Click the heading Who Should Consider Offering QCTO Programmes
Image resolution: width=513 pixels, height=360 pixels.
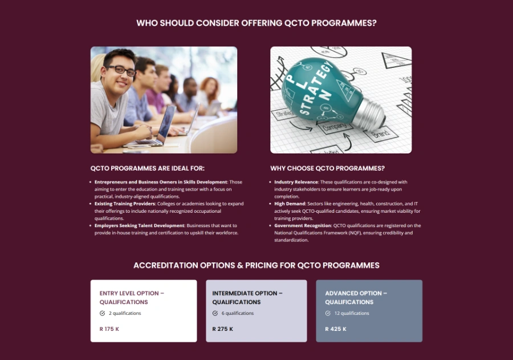point(256,23)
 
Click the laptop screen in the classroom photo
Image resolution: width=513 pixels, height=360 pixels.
point(166,123)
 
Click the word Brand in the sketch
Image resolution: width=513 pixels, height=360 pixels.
point(381,134)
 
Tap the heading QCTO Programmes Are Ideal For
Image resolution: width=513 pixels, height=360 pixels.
point(147,168)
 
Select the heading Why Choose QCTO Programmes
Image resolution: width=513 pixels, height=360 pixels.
point(327,168)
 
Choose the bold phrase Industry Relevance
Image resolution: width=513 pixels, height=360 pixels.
point(296,182)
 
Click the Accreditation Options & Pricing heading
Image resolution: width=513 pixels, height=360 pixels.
point(256,265)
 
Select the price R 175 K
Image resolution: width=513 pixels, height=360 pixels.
point(109,329)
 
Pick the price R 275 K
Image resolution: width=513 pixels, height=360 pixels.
point(222,329)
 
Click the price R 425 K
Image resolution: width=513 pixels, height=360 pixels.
point(335,329)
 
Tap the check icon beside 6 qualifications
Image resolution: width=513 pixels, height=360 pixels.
point(215,313)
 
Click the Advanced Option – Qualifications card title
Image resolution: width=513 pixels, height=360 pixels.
point(356,297)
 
